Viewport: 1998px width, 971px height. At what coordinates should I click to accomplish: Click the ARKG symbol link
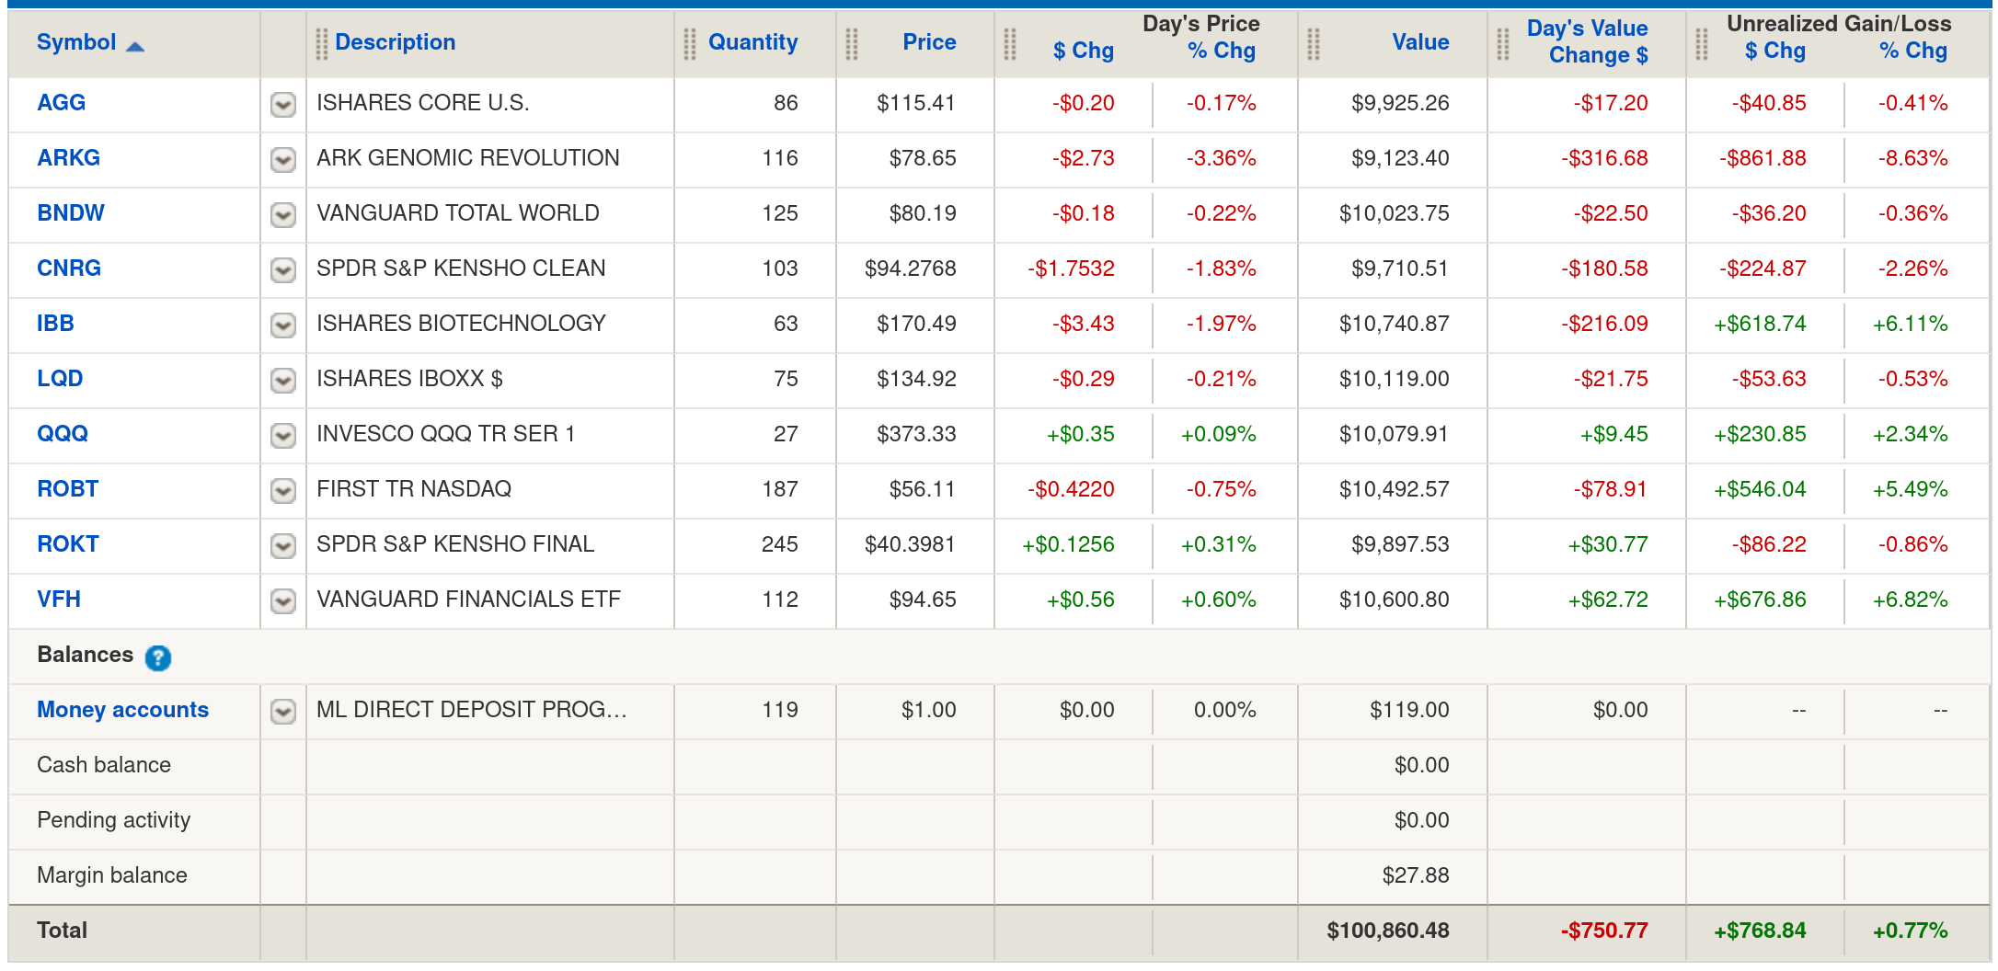[x=68, y=158]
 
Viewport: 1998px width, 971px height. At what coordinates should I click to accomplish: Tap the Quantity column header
[x=752, y=42]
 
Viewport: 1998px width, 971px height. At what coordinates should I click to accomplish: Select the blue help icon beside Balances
[x=158, y=657]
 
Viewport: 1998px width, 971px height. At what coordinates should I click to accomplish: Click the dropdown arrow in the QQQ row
[x=283, y=435]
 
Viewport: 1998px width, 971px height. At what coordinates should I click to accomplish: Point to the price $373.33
[x=916, y=434]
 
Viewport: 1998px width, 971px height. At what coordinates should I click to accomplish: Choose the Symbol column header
[x=76, y=42]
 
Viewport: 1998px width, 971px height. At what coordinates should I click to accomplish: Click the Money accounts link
[x=122, y=710]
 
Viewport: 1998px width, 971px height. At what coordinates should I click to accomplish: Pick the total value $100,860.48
[x=1387, y=931]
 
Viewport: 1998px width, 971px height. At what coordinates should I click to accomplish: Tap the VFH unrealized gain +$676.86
[x=1760, y=600]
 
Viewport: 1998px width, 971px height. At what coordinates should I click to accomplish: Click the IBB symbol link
[x=55, y=324]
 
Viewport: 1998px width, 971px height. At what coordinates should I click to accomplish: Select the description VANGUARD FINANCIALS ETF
[x=468, y=600]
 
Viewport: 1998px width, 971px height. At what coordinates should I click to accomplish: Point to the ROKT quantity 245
[x=779, y=544]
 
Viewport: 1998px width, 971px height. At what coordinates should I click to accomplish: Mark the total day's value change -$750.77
[x=1603, y=931]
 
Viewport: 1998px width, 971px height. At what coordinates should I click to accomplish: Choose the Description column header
[x=395, y=42]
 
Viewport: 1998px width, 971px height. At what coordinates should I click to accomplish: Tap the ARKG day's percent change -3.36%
[x=1221, y=158]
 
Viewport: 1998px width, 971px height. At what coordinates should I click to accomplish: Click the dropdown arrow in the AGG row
[x=283, y=104]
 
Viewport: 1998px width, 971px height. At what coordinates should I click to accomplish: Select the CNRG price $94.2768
[x=910, y=268]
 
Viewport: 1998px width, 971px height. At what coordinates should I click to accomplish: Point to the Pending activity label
[x=113, y=820]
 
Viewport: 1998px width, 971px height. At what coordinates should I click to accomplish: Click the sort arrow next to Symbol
[x=135, y=46]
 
